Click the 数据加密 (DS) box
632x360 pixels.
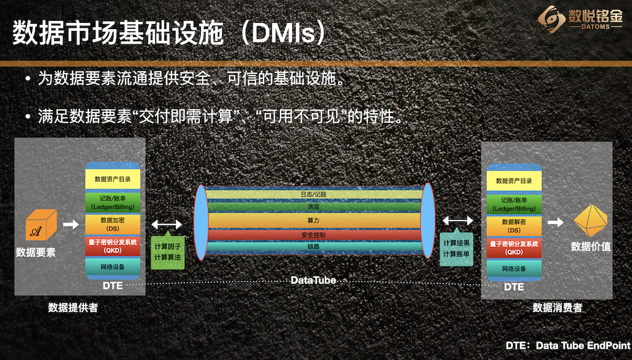[x=112, y=224]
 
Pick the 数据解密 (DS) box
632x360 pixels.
[x=514, y=225]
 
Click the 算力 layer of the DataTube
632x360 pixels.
[x=314, y=220]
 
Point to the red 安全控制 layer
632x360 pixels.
[x=314, y=235]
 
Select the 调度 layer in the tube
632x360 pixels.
[x=314, y=207]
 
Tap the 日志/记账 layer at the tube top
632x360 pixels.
[x=314, y=194]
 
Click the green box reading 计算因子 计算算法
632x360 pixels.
[x=167, y=251]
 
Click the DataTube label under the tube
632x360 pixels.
[x=314, y=280]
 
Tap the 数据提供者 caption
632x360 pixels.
[x=73, y=308]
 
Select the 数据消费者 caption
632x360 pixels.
[x=557, y=308]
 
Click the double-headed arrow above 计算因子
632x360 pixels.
[x=167, y=224]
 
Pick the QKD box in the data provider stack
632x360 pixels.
[x=112, y=246]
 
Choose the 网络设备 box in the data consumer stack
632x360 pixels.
[x=514, y=269]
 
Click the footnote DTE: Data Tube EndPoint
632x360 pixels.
[x=567, y=346]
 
